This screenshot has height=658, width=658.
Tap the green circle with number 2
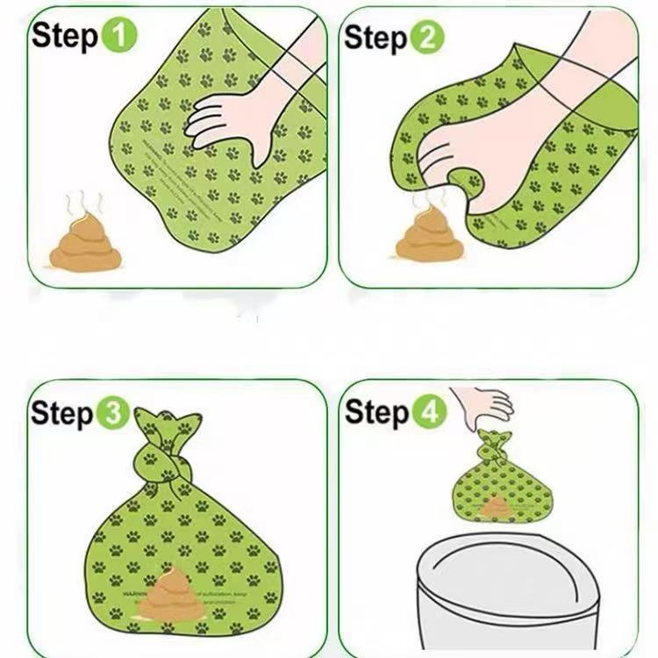(x=429, y=37)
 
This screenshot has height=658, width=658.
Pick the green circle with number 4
(x=430, y=411)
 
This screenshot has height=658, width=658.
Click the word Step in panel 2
(x=376, y=39)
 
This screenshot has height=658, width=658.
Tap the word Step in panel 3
(x=62, y=414)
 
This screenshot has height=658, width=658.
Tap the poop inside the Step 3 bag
(x=172, y=597)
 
